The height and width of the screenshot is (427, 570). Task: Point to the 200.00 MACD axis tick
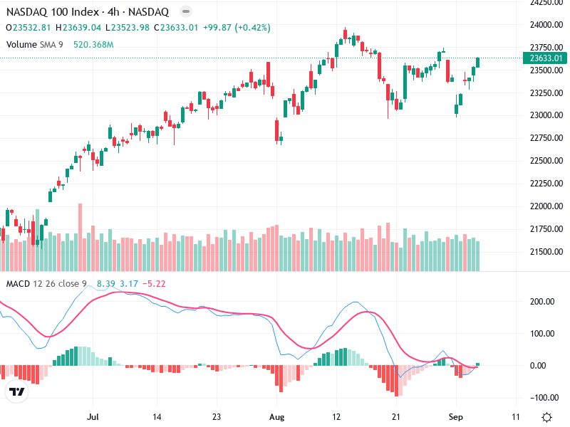click(x=543, y=301)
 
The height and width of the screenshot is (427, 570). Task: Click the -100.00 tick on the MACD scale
click(x=541, y=398)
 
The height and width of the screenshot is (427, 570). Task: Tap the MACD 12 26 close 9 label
click(x=46, y=284)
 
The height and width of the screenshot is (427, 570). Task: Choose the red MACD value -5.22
click(x=154, y=284)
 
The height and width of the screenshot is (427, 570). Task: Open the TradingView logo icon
click(x=16, y=392)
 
